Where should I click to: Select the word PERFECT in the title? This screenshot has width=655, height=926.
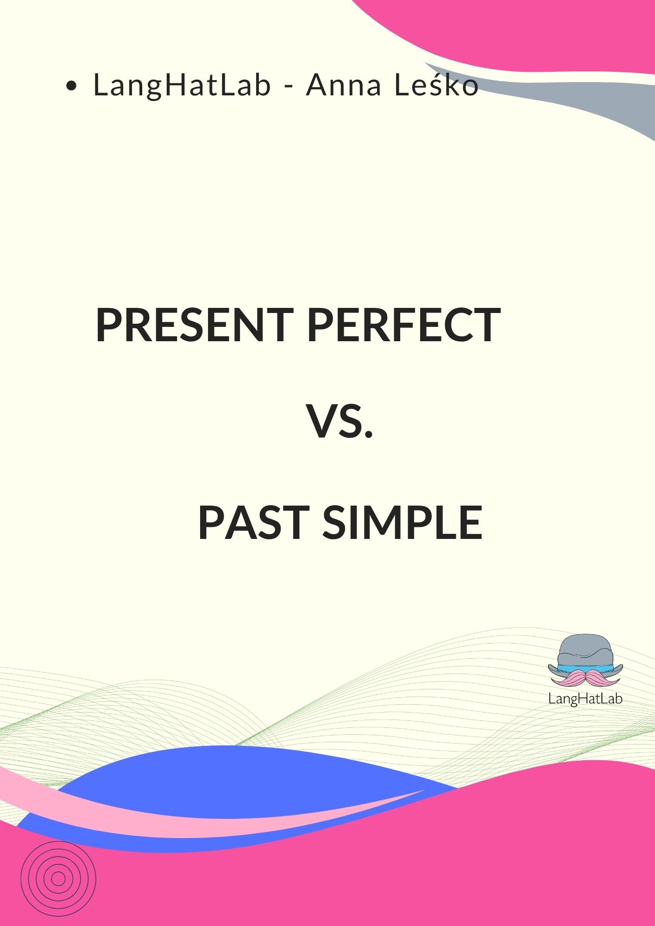coord(403,325)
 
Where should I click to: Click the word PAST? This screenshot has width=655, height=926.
coord(253,523)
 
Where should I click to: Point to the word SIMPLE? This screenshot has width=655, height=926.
coord(403,523)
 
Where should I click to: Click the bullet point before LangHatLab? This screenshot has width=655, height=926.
coord(71,86)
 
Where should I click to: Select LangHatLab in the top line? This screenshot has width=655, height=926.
coord(182,86)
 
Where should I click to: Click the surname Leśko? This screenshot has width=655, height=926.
coord(435,86)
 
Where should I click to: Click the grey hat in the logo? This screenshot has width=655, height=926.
coord(585,651)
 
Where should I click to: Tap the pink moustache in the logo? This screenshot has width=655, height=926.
coord(585,678)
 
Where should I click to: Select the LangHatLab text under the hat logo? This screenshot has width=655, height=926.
coord(585,698)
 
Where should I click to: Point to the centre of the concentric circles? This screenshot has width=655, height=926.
coord(58,878)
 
